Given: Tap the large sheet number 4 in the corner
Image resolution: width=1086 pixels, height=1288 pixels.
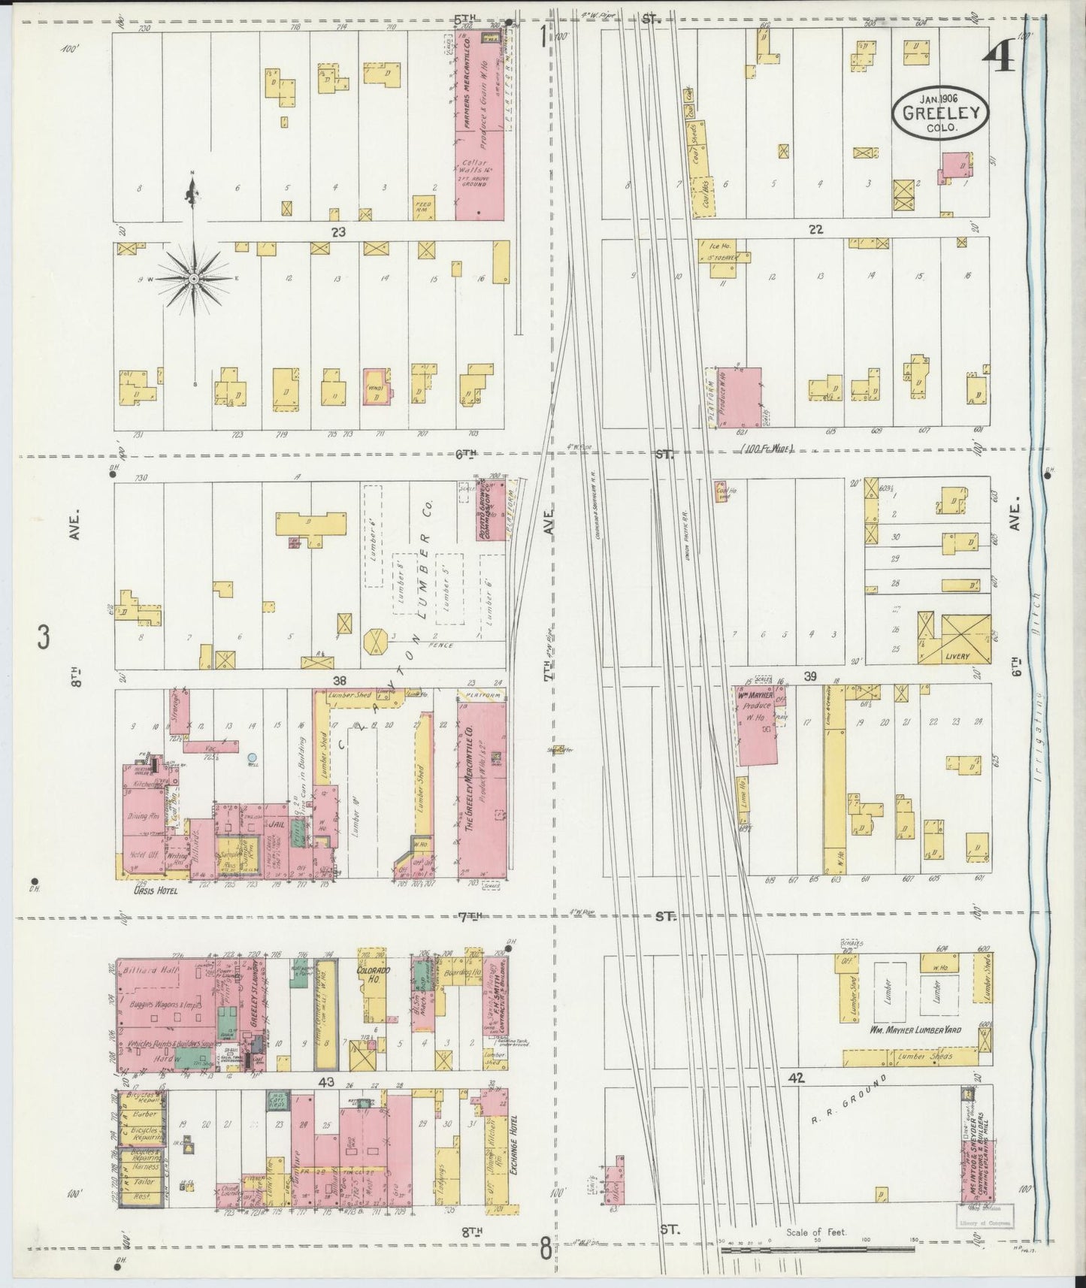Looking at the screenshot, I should click(x=999, y=54).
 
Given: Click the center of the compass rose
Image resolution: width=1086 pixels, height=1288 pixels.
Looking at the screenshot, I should click(x=194, y=279).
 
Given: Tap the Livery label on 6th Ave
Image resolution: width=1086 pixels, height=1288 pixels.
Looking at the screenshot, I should click(x=959, y=656).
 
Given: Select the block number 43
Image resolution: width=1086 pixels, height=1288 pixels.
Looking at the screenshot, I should click(x=325, y=1083).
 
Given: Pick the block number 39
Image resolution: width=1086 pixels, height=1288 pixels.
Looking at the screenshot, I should click(x=810, y=677).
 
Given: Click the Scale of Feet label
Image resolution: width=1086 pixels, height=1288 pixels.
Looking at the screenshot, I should click(x=816, y=1232).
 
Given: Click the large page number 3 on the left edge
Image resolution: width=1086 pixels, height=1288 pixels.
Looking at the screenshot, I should click(x=44, y=638).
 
